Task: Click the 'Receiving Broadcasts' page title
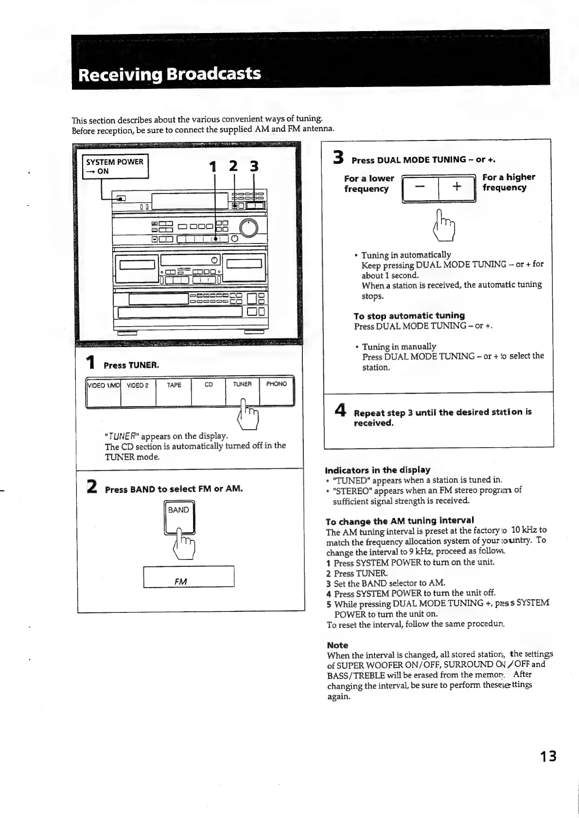click(x=170, y=74)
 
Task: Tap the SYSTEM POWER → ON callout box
click(x=115, y=167)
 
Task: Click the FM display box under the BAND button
click(x=189, y=577)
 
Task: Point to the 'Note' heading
click(x=337, y=645)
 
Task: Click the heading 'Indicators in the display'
click(x=377, y=470)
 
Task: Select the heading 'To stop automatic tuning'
click(x=409, y=315)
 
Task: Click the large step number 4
click(x=340, y=411)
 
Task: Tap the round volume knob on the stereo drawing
click(x=249, y=227)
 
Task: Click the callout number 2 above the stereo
click(x=234, y=166)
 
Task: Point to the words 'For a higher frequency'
click(x=508, y=182)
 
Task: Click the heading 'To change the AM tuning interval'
click(x=400, y=520)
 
